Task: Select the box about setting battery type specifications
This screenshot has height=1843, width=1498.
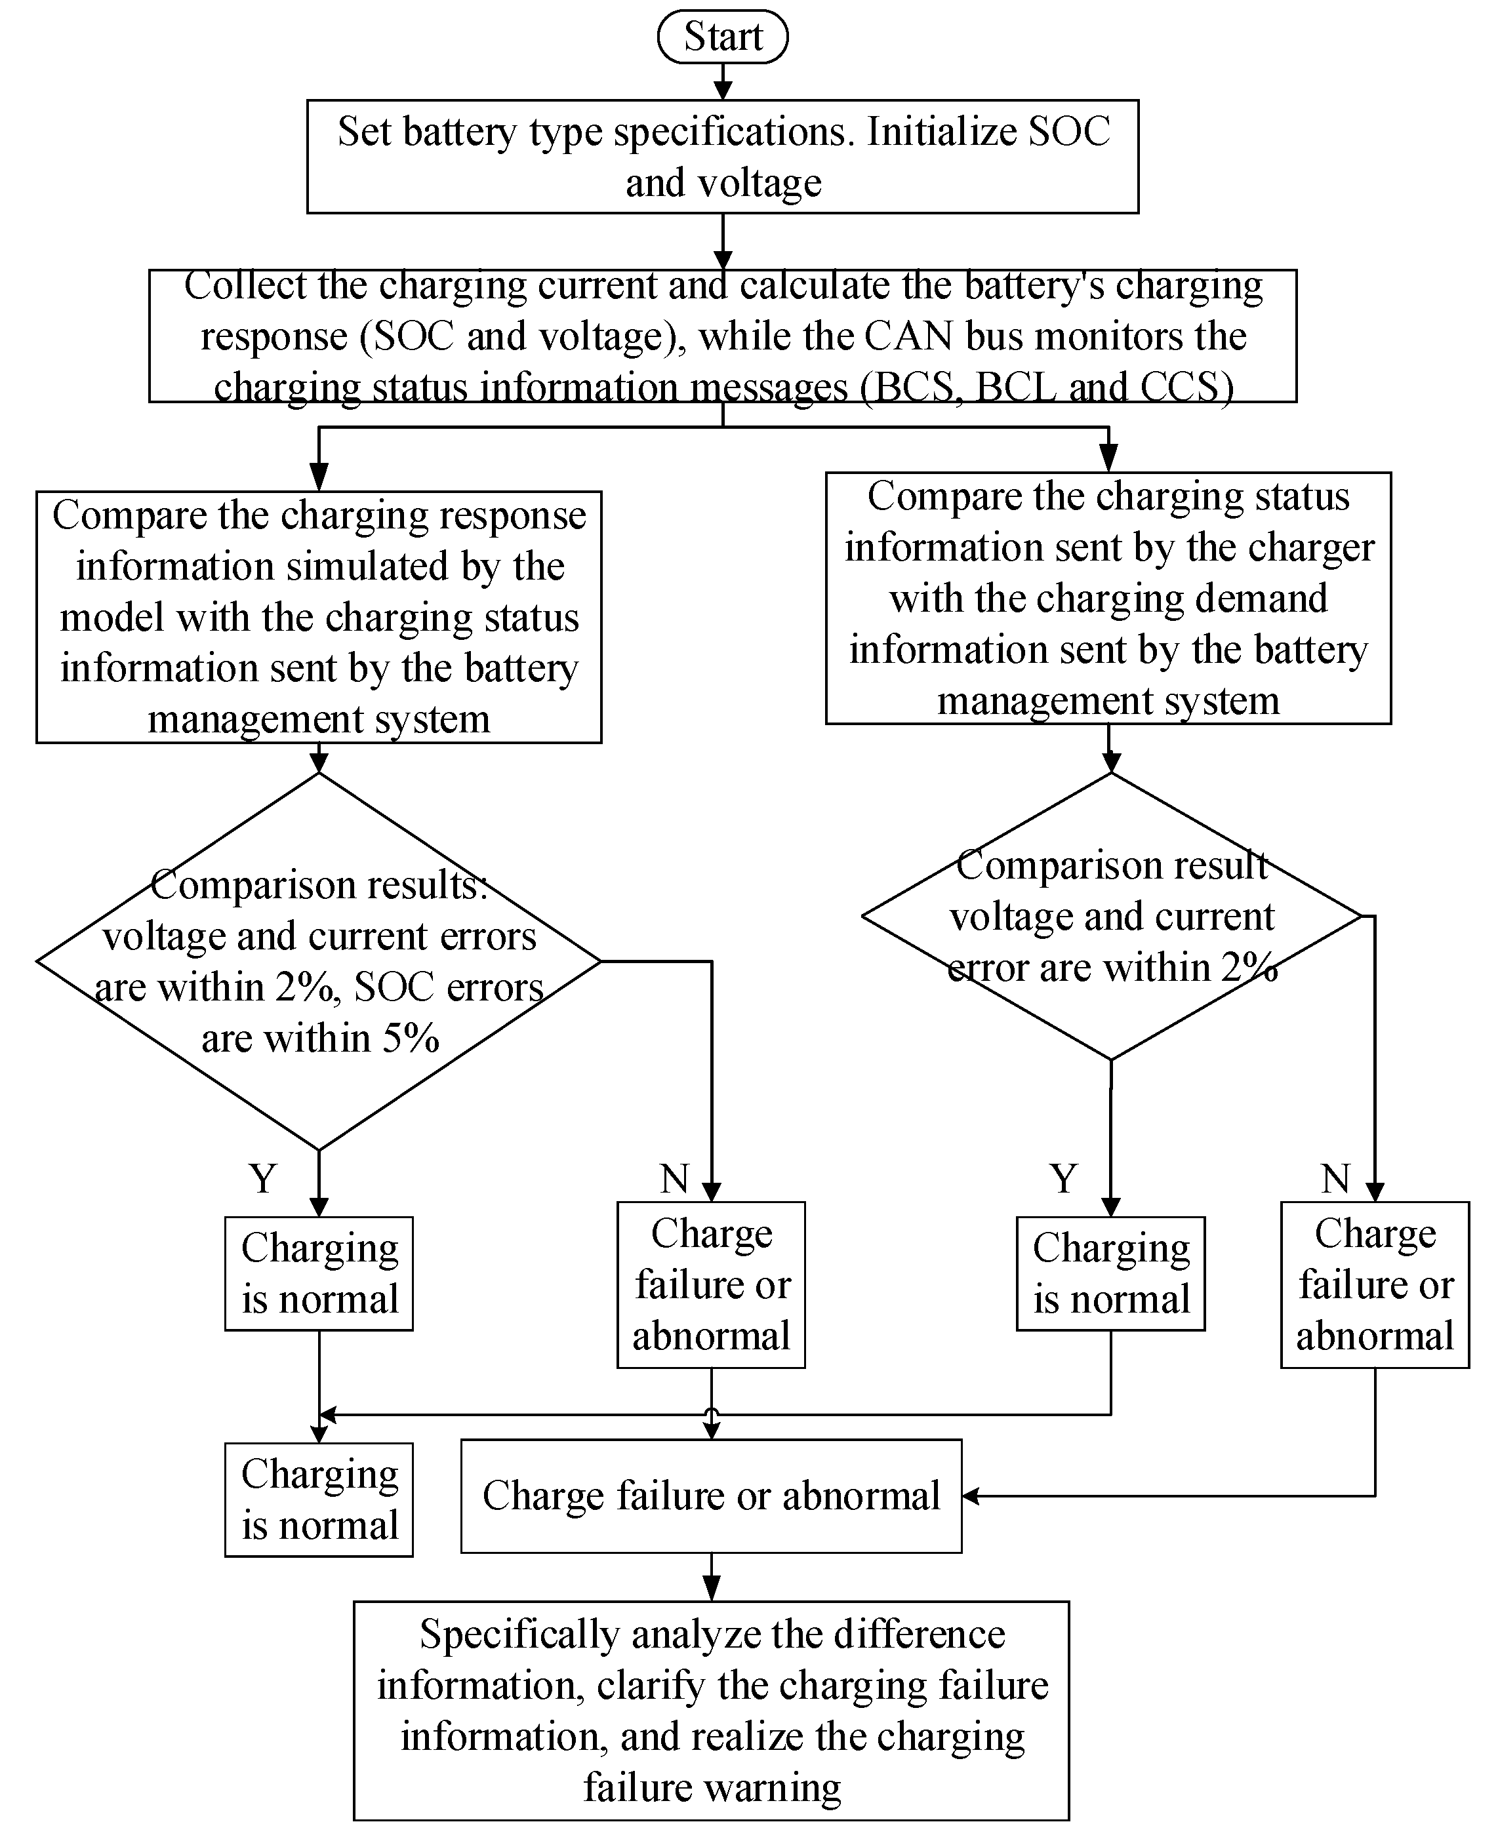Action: pos(722,156)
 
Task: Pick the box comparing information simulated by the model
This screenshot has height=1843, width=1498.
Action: pos(318,617)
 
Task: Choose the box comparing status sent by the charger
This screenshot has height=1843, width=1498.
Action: pos(1108,598)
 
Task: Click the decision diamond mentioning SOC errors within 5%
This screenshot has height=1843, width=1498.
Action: pos(318,961)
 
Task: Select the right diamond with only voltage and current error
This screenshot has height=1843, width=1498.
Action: pos(1112,916)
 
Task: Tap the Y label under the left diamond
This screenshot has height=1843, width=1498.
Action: pos(263,1178)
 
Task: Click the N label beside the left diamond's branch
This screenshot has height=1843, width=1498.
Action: pos(675,1178)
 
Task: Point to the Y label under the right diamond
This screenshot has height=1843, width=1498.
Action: pos(1063,1178)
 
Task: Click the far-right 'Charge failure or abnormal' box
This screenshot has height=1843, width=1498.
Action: pos(1375,1284)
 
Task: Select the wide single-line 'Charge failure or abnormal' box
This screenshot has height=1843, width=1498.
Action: pos(711,1496)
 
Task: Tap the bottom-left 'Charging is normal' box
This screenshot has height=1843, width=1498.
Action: pos(318,1499)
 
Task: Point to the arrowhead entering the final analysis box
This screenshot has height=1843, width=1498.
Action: pos(711,1589)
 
